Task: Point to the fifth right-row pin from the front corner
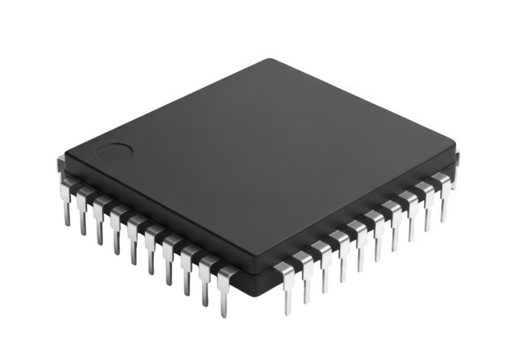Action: (359, 239)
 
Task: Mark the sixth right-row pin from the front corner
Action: (375, 230)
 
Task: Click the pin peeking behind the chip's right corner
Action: (459, 158)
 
